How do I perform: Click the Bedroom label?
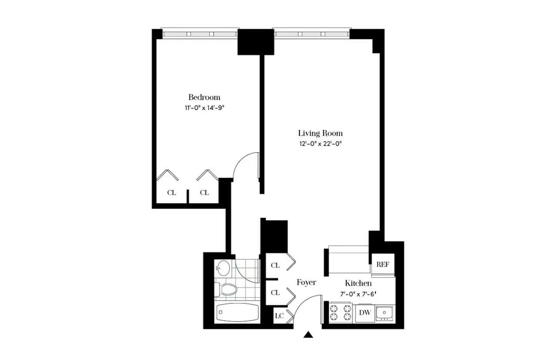tap(204, 97)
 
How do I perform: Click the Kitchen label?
tap(357, 283)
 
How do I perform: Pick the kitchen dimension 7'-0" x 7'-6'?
tap(357, 293)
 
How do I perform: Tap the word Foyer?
tap(306, 282)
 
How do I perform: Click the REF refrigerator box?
tap(382, 264)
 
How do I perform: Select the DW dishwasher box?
tap(365, 313)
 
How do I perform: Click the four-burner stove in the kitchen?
tap(340, 313)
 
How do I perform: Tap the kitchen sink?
tap(384, 313)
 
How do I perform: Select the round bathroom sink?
tap(224, 267)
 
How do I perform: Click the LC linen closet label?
tap(279, 316)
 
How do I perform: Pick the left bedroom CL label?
tap(171, 193)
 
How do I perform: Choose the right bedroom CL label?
tap(204, 193)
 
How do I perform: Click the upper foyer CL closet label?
tap(275, 265)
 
